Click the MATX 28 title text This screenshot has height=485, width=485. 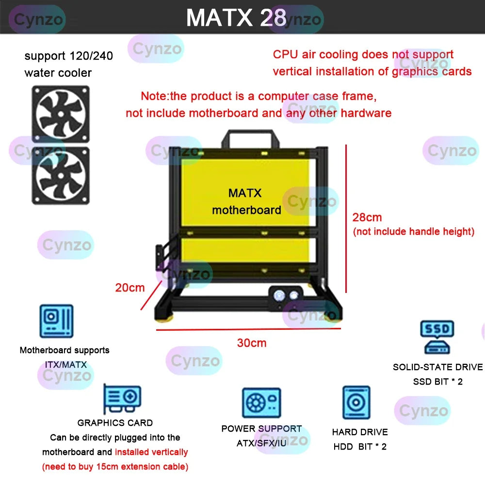236,17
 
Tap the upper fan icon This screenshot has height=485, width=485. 61,114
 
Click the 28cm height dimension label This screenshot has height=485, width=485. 367,217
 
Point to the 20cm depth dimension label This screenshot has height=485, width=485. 130,288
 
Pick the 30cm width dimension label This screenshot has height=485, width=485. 252,343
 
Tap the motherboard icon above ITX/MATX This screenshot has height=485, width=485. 56,321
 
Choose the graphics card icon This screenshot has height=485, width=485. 122,399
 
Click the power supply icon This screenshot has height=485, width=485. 261,403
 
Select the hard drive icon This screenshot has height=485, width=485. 356,403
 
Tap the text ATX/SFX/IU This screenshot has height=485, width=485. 261,443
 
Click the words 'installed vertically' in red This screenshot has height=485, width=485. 151,452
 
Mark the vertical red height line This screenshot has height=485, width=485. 346,218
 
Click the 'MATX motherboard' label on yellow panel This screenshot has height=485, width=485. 246,202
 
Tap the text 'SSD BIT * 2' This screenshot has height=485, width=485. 437,382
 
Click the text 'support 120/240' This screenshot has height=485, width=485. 68,56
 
